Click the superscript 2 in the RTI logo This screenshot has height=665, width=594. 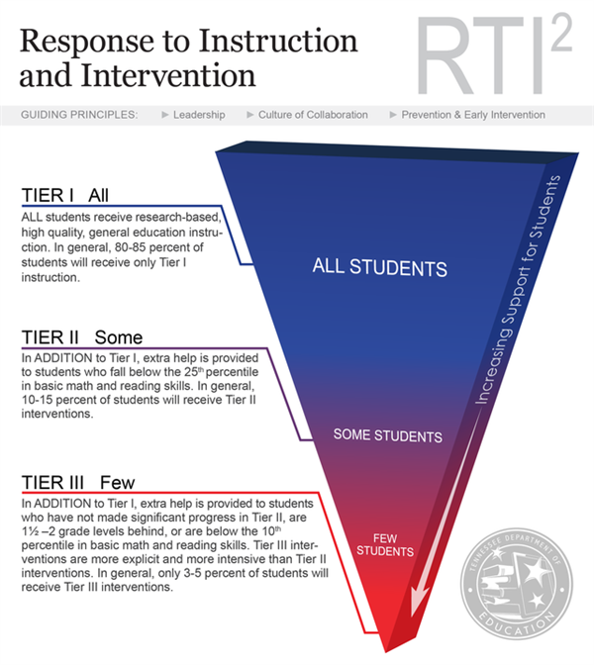pos(561,33)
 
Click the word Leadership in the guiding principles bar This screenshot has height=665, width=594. pos(199,115)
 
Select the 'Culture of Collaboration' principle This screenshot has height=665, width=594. pos(313,115)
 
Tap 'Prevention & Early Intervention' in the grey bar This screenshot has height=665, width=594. pos(473,115)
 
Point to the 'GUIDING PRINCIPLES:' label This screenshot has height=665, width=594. pos(79,115)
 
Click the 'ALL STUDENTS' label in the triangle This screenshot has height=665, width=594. pos(380,267)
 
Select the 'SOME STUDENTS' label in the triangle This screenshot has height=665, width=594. pos(388,435)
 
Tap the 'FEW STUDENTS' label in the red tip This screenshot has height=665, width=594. pos(385,545)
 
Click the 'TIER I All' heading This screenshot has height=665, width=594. pos(65,196)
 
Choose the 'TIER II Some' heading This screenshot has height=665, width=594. pos(82,337)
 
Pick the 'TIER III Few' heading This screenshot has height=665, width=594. pos(78,483)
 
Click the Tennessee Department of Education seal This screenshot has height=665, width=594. pos(517,584)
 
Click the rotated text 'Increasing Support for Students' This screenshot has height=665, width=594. pos(518,289)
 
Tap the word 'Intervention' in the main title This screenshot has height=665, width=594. pos(168,75)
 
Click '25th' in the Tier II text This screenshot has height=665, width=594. pos(194,371)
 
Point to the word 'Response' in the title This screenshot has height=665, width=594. pos(87,42)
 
